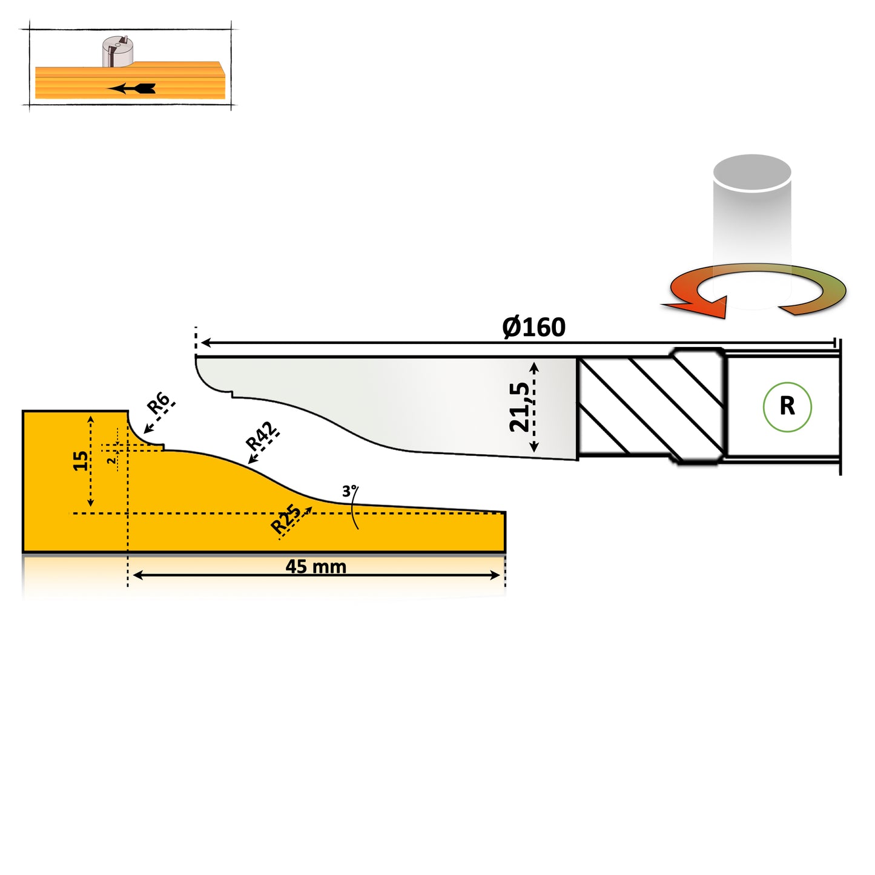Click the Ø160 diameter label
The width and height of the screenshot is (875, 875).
[x=533, y=328]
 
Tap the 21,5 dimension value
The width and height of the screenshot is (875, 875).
[x=520, y=407]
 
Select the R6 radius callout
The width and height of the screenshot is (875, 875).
[x=159, y=403]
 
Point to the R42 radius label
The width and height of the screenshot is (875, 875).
[x=262, y=436]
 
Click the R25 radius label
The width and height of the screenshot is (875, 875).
[x=286, y=519]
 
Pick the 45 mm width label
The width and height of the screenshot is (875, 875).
[x=315, y=567]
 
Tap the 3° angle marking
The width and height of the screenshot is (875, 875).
[x=349, y=491]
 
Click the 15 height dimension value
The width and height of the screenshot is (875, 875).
[x=80, y=461]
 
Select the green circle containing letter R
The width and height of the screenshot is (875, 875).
[x=787, y=406]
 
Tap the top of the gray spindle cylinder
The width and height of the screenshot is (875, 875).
[x=752, y=171]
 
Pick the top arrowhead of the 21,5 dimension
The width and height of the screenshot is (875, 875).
[x=533, y=366]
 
